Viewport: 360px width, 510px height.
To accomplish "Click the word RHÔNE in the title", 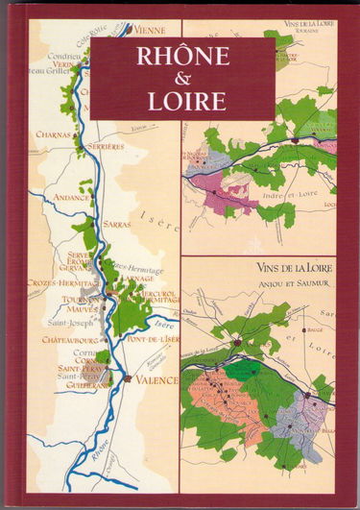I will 182,57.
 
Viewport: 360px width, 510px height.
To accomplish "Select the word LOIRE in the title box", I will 182,100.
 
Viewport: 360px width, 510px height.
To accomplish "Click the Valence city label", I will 155,380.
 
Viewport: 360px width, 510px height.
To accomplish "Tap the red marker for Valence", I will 128,379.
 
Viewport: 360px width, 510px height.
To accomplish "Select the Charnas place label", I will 53,134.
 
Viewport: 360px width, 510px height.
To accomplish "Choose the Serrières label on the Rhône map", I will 106,146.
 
